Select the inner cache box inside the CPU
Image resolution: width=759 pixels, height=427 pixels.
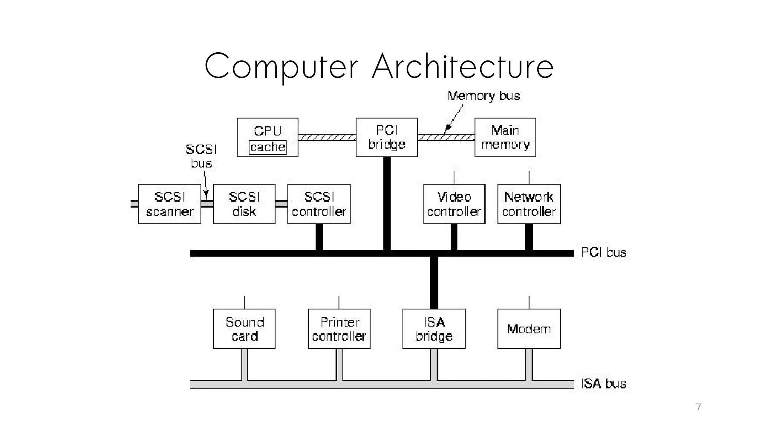[268, 147]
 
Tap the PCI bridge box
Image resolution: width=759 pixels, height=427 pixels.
[387, 137]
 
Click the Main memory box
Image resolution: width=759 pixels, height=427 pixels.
[505, 137]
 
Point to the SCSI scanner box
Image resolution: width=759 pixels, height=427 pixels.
[169, 204]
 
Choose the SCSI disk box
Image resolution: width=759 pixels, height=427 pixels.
[244, 204]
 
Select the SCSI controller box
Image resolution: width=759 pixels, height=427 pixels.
[319, 204]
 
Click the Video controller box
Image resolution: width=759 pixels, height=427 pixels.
[454, 204]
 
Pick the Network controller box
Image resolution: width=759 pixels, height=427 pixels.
[529, 204]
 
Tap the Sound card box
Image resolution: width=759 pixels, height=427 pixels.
[244, 329]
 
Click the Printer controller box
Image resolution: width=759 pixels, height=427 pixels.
[339, 329]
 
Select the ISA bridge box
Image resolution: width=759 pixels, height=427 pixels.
[434, 329]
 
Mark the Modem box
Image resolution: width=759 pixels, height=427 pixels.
[529, 329]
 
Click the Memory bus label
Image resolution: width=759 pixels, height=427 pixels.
[484, 96]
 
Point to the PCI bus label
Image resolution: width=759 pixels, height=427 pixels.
[603, 253]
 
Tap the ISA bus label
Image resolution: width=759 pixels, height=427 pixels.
[603, 384]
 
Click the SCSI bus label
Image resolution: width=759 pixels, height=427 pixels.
[201, 156]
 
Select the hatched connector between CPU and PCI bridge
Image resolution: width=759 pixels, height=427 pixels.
[327, 138]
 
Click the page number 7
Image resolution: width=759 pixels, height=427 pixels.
[698, 407]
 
